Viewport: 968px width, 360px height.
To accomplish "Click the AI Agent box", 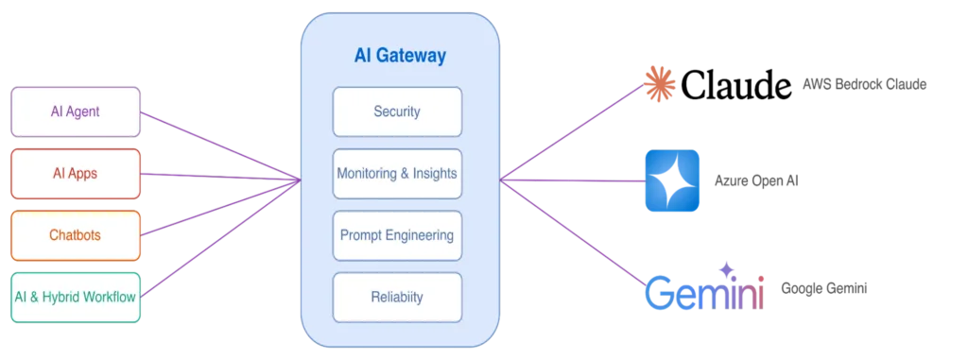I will click(x=76, y=111).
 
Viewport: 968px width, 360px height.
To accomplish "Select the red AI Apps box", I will click(x=76, y=173).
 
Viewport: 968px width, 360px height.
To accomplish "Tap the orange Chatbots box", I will click(x=76, y=234).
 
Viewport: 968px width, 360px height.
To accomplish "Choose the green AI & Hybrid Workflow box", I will click(x=76, y=297).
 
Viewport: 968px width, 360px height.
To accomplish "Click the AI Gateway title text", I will click(x=399, y=56).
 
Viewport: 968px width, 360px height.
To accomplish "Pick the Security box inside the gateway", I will click(x=397, y=111).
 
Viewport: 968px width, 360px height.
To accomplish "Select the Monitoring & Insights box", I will click(x=397, y=174).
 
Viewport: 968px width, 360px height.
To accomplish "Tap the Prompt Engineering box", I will click(x=397, y=235).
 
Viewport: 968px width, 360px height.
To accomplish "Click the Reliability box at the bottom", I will click(x=397, y=298).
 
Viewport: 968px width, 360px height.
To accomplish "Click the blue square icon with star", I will click(x=672, y=178).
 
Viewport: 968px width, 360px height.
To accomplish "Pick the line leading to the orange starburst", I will click(x=577, y=131).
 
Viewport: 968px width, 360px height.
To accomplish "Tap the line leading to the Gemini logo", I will click(x=577, y=231).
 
